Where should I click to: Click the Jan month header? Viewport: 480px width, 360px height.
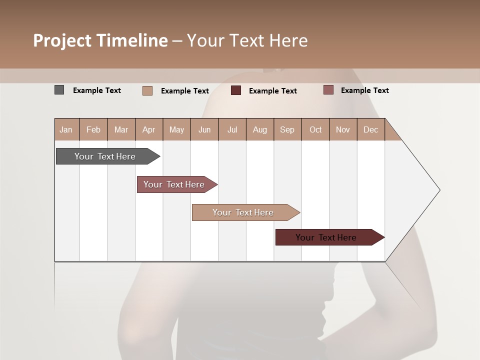66,129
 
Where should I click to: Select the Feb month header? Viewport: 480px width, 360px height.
93,129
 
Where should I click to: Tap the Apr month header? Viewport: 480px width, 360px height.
148,129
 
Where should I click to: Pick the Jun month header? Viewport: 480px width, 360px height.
204,129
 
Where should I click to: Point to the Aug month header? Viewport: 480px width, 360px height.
259,129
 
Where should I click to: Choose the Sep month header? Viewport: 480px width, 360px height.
287,129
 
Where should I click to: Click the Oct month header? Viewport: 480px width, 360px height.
315,129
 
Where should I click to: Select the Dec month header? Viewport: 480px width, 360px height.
370,129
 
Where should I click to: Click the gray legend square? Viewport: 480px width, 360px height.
59,90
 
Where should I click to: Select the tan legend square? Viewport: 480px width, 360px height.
147,90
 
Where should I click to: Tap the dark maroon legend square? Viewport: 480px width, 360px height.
236,90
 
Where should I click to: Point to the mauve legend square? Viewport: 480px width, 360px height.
328,90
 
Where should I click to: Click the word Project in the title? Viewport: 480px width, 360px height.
62,40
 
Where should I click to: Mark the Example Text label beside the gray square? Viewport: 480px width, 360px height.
97,90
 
